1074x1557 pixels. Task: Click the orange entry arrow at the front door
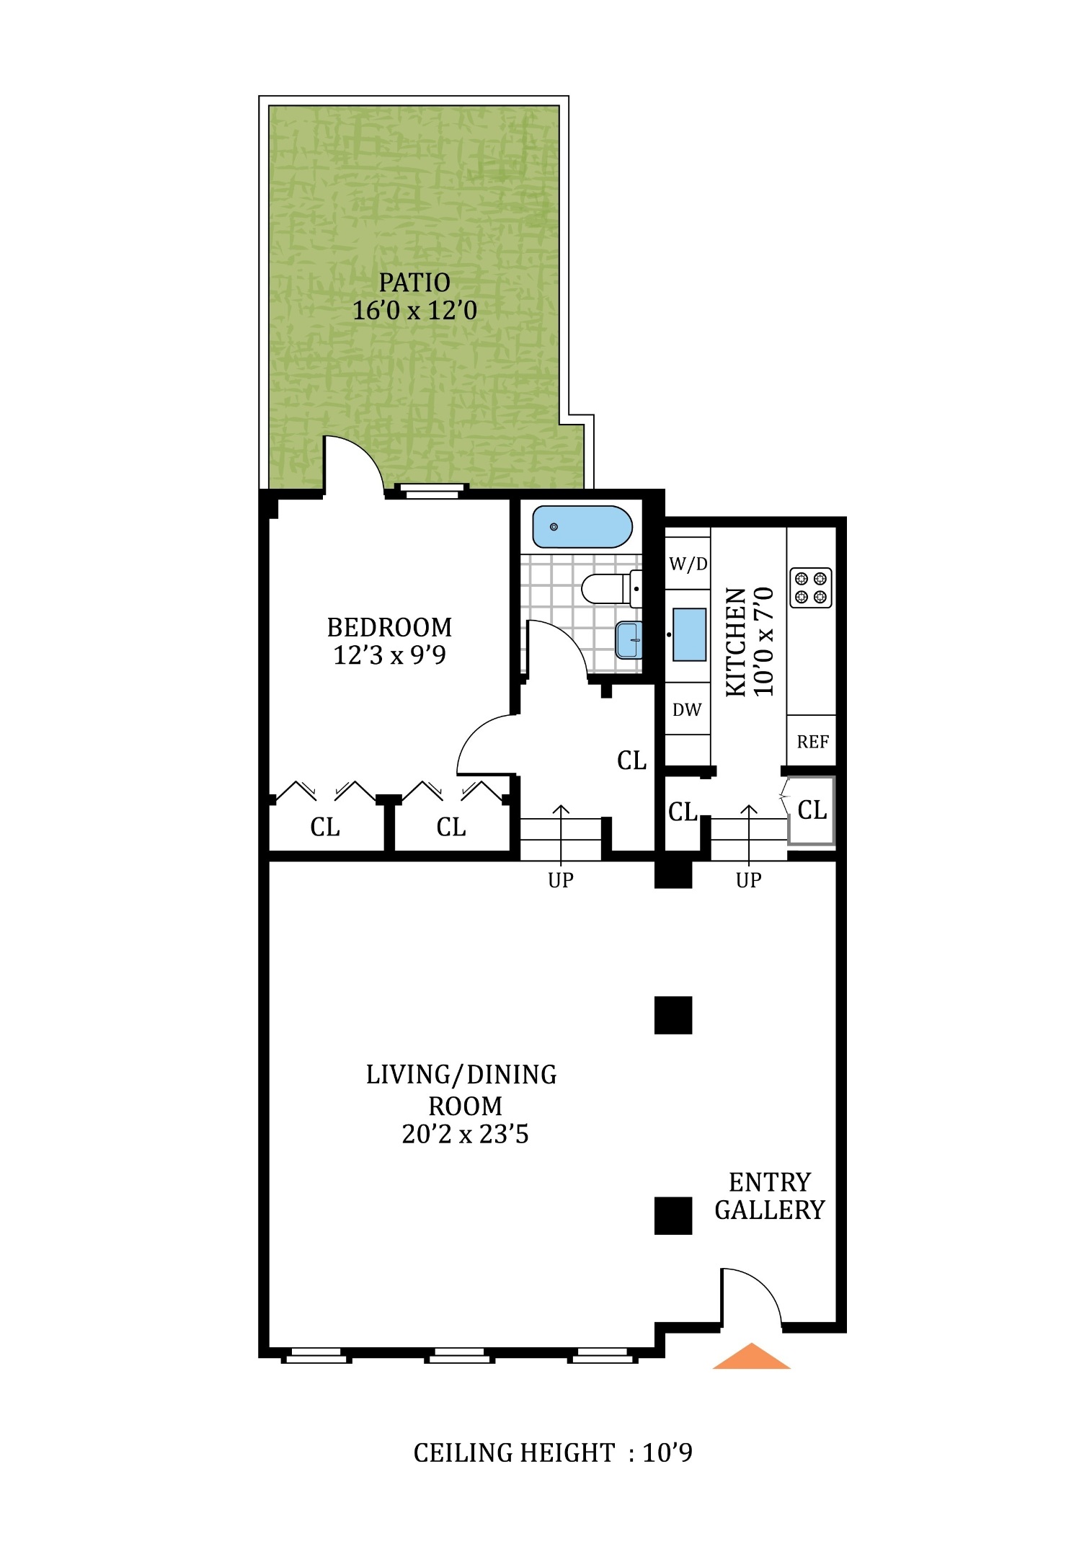point(750,1357)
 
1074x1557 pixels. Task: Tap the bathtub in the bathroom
point(582,527)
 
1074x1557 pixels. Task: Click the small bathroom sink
point(629,640)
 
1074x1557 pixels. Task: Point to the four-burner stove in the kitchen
point(810,587)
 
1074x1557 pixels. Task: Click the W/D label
point(688,564)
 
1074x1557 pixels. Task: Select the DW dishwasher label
point(686,710)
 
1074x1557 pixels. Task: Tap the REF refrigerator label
point(812,742)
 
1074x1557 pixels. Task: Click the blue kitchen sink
point(688,634)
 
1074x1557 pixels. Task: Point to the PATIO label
point(414,283)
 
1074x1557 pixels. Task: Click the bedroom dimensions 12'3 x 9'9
point(389,655)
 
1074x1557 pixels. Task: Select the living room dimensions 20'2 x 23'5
point(465,1135)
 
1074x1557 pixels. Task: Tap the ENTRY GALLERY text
point(769,1196)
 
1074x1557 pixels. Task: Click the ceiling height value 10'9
point(667,1452)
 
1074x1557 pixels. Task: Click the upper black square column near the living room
point(673,1015)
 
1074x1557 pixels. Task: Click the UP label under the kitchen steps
point(748,880)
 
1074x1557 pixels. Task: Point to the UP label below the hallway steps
point(560,880)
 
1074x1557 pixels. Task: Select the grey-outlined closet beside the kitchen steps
point(811,810)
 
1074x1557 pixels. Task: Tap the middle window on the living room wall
point(459,1356)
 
